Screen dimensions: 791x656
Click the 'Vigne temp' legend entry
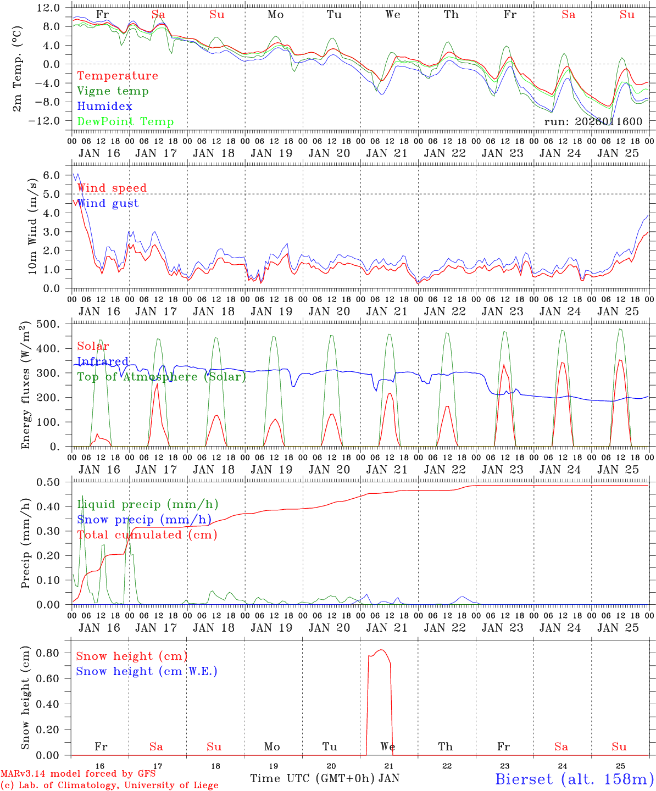tap(113, 91)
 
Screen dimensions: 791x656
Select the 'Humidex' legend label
tap(104, 107)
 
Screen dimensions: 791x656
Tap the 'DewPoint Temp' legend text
tap(125, 122)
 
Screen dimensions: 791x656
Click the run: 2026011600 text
tap(593, 122)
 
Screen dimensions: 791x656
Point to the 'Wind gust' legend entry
tap(108, 203)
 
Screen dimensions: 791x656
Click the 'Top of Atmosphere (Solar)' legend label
tap(161, 377)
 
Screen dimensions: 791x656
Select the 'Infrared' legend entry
tap(103, 361)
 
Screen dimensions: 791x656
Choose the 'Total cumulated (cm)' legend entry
tap(147, 535)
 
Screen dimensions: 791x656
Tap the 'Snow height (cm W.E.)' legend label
tap(147, 671)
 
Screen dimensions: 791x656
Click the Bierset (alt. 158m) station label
tap(574, 779)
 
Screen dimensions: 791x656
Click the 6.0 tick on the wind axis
tap(51, 175)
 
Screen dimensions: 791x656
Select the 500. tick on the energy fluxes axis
tap(48, 324)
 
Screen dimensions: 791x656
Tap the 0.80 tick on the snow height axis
tap(48, 653)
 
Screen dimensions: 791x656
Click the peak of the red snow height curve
tap(381, 650)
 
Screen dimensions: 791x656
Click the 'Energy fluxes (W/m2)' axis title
tap(25, 386)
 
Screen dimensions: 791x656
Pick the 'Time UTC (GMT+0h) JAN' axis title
tap(325, 778)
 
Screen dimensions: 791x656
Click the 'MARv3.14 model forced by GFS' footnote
tap(78, 774)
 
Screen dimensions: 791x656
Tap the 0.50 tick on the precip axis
tap(48, 482)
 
